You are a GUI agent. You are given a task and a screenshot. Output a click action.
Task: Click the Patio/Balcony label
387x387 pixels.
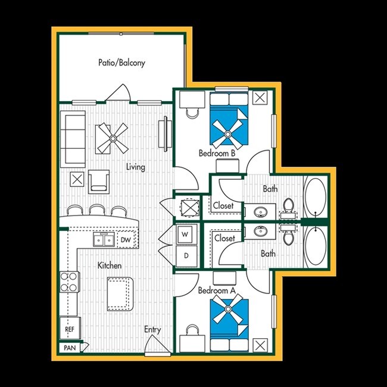tap(122, 63)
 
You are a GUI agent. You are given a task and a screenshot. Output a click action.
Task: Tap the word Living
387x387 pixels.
tap(136, 167)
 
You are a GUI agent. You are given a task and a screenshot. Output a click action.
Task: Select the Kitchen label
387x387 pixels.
tap(110, 265)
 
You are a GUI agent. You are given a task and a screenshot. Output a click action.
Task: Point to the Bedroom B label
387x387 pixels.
tap(217, 154)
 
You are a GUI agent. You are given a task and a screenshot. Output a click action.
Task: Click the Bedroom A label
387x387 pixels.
tap(217, 291)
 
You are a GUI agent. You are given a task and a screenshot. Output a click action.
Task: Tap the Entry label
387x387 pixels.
tap(153, 329)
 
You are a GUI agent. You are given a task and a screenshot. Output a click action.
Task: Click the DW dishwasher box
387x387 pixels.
tap(126, 240)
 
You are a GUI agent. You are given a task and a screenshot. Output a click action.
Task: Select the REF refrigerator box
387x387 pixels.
tap(68, 328)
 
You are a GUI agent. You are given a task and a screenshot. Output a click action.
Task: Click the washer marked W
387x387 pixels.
tap(185, 235)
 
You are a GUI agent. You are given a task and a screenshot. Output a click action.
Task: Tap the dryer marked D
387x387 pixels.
tap(185, 256)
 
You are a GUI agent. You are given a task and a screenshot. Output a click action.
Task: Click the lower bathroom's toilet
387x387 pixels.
tap(290, 237)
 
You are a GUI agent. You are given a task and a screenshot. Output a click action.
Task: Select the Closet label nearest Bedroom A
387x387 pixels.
tap(224, 238)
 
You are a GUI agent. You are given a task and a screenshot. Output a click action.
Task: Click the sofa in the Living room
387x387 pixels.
tap(73, 139)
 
